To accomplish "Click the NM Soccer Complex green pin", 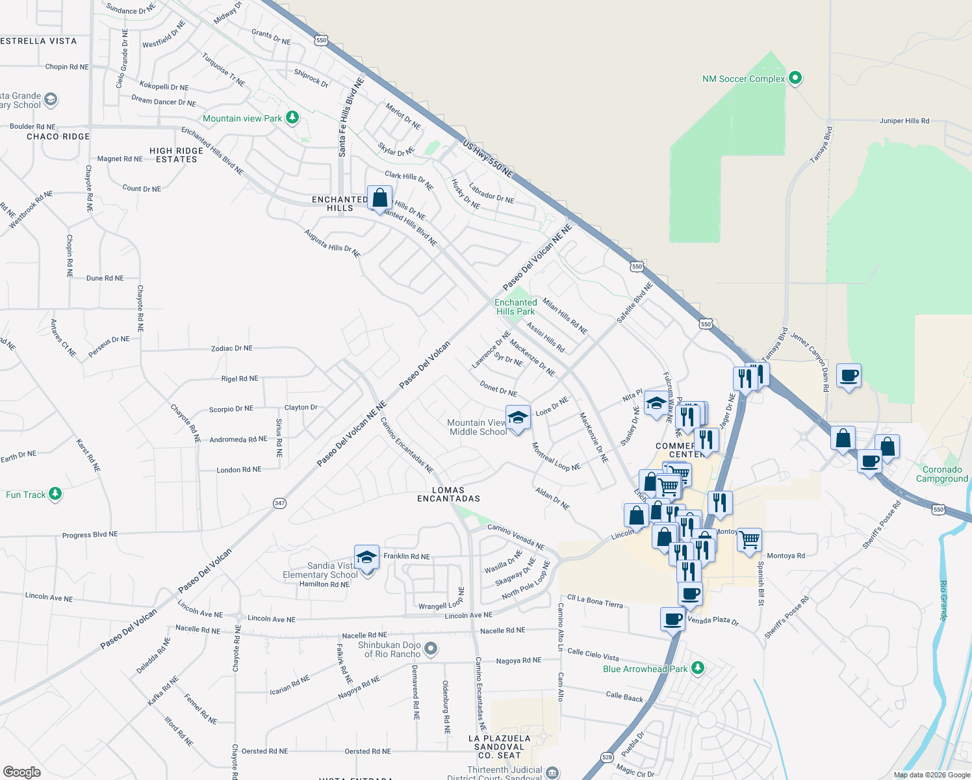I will coord(795,78).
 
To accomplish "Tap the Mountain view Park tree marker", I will coord(292,118).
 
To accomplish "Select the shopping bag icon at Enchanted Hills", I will coord(379,198).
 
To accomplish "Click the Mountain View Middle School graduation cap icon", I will coord(518,417).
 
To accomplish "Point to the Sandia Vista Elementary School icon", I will coord(366,558).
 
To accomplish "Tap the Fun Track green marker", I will coord(55,494).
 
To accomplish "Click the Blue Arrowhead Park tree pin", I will coord(697,668).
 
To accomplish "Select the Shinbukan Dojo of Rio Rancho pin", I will coord(430,649).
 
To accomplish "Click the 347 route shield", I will coord(279,503).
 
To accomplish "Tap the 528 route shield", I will coord(607,757).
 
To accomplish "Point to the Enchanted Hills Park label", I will coord(516,307).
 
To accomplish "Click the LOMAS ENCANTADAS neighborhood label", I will coord(448,495).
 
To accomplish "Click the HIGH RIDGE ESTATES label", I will coord(176,155).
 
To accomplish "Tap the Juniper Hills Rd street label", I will coord(904,121).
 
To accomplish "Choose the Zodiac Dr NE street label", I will coord(232,348).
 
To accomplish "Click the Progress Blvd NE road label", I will coord(90,535).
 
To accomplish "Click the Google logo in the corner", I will coord(22,772).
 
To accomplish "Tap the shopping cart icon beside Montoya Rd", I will coord(750,539).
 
